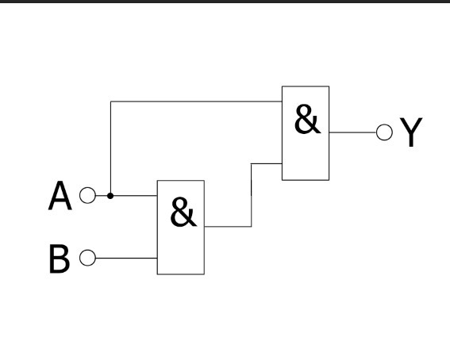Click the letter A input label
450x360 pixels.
(60, 196)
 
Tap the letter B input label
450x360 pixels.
(60, 259)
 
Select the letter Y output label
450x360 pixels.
(411, 132)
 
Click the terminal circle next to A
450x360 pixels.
(87, 196)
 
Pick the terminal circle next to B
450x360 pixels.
(87, 258)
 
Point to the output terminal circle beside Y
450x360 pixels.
(384, 132)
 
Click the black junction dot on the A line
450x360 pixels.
(110, 196)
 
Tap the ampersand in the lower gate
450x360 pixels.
(183, 212)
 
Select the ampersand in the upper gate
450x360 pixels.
(307, 119)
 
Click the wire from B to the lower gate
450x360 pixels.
(126, 258)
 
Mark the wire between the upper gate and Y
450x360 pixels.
(352, 132)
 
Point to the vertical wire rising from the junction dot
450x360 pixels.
(111, 148)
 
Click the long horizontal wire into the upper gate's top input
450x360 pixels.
(196, 101)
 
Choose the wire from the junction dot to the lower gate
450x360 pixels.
(134, 196)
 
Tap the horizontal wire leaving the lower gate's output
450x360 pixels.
(228, 227)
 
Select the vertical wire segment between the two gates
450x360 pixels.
(252, 195)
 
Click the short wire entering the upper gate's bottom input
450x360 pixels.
(267, 163)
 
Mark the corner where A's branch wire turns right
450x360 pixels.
(111, 101)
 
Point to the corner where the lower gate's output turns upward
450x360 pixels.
(252, 227)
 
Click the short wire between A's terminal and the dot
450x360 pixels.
(102, 196)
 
